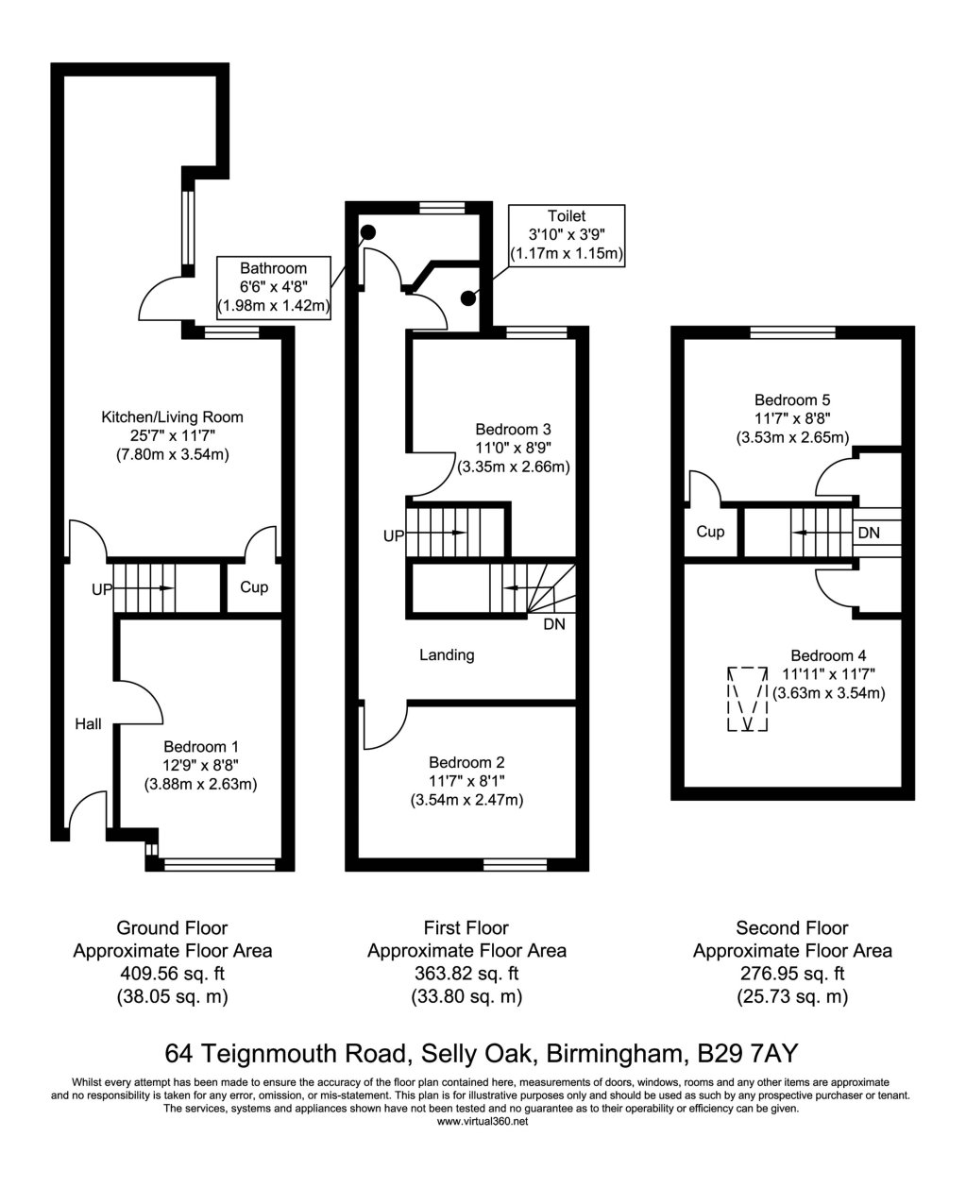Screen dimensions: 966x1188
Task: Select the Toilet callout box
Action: tap(567, 235)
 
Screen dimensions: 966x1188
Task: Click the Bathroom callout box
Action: tap(273, 287)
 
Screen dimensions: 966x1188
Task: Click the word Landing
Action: tap(447, 654)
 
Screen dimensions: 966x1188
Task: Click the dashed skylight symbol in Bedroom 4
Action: tap(749, 699)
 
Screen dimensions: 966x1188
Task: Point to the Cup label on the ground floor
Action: tap(254, 587)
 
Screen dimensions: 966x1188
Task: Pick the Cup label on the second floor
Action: tap(710, 533)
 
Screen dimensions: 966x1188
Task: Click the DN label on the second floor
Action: tap(869, 533)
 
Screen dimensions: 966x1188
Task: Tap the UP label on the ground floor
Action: tap(102, 588)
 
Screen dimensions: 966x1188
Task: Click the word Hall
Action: tap(89, 724)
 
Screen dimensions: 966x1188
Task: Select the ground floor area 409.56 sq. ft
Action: tap(173, 974)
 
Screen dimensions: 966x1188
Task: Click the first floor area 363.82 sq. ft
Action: tap(466, 974)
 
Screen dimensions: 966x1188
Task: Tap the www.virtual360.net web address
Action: tap(483, 1122)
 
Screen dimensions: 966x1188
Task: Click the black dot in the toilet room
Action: tap(467, 298)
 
